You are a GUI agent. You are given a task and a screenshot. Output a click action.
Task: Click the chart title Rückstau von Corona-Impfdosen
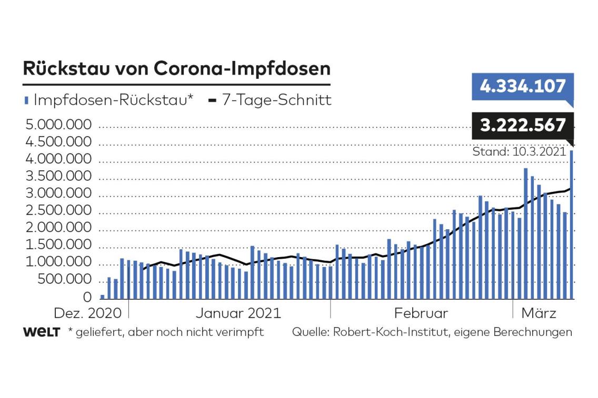pos(176,69)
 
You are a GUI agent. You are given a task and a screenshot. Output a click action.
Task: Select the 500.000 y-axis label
pos(64,280)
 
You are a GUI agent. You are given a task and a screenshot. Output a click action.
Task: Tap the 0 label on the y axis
pos(87,298)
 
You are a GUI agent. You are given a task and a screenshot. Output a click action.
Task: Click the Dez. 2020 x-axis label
pos(87,314)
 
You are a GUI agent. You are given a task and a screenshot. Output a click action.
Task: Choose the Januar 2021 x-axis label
pos(238,314)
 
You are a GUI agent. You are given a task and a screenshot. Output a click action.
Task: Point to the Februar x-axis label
pos(421,314)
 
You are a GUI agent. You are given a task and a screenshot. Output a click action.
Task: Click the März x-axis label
pos(539,314)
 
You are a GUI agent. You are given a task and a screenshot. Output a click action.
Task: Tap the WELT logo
pos(41,332)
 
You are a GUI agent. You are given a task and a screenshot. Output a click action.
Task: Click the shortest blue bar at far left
pos(103,297)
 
